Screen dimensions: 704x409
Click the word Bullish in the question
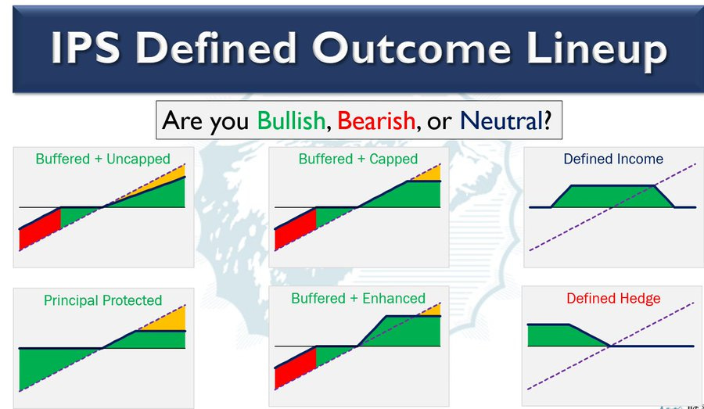click(291, 120)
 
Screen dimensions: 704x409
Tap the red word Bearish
click(376, 120)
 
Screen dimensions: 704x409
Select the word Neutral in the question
click(502, 120)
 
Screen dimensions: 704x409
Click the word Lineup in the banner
click(597, 48)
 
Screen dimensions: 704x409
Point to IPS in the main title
click(85, 47)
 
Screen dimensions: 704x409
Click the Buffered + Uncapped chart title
click(102, 159)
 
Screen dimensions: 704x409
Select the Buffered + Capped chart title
click(357, 159)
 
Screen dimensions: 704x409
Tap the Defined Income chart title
click(613, 159)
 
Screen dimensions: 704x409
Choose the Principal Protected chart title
click(102, 300)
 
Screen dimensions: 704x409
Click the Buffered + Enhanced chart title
click(357, 299)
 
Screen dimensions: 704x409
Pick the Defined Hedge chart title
click(613, 299)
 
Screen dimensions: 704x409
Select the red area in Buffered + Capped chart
click(296, 229)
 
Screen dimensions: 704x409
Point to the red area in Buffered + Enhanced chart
click(296, 368)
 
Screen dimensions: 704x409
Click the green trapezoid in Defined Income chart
click(612, 196)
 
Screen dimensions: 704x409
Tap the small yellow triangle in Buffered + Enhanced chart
click(432, 310)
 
